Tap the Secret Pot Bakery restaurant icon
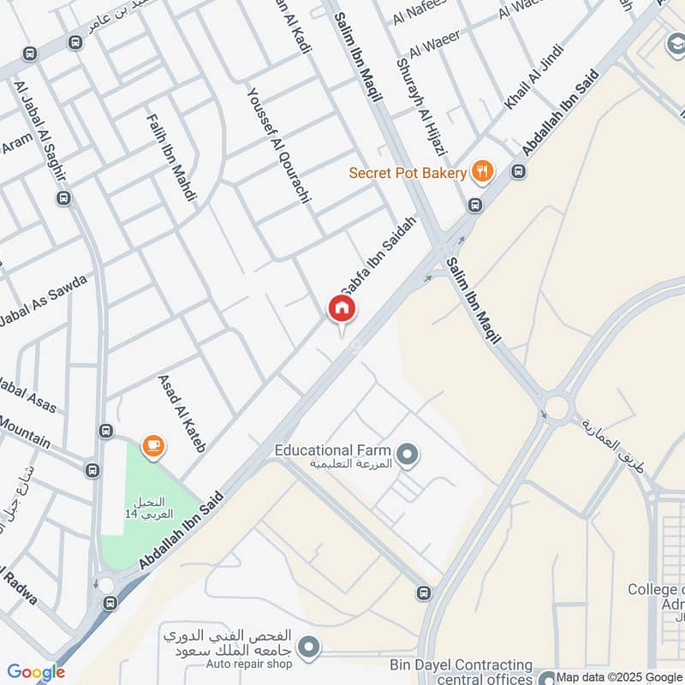point(484,172)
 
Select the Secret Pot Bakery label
point(408,173)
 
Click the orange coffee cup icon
point(153,444)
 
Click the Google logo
point(36,672)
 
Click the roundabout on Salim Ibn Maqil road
point(557,407)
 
